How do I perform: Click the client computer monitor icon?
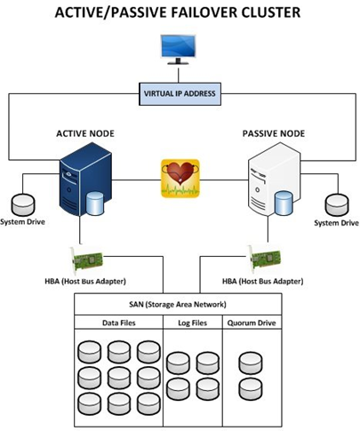178,50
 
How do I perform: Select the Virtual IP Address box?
180,94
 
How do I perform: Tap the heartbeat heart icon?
180,179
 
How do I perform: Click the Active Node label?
85,133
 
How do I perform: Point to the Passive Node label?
274,133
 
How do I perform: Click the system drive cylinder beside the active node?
23,204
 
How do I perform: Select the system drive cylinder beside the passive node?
337,205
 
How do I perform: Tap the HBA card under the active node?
86,260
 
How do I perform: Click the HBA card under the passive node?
264,259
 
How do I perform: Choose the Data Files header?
119,323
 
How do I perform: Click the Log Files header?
193,323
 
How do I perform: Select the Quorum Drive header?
252,323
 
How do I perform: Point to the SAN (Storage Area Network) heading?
178,305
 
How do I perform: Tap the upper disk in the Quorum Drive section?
251,363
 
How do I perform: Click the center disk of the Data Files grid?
119,378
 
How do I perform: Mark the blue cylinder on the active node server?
95,204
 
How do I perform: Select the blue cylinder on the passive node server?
284,203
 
